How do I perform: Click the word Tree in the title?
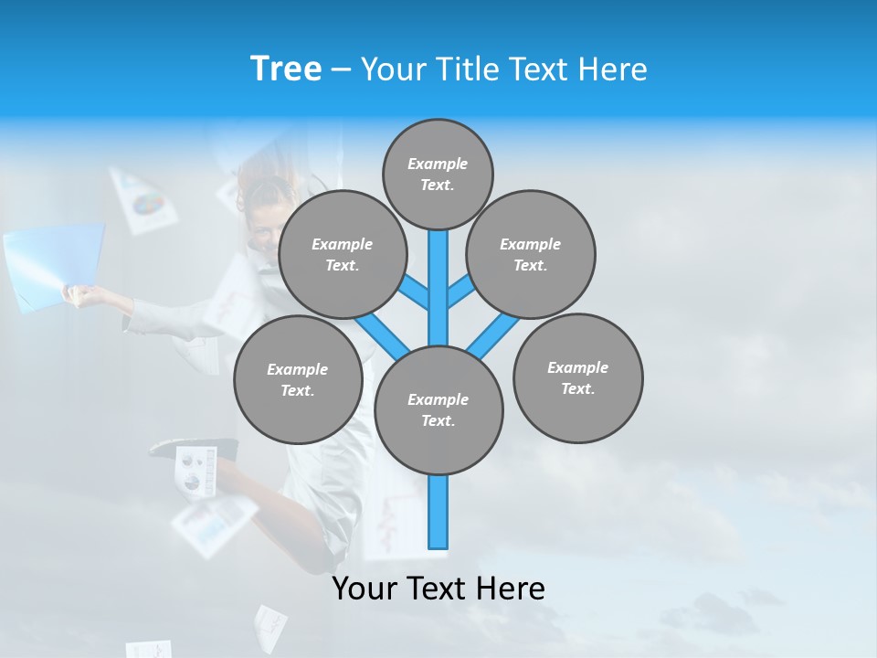click(285, 69)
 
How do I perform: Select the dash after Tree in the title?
click(341, 70)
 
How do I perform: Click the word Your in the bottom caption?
click(365, 589)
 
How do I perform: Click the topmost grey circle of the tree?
click(438, 174)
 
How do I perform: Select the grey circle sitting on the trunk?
click(438, 410)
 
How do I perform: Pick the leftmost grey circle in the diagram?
click(298, 379)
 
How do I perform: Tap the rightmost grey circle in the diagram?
click(577, 377)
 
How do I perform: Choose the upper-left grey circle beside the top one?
click(343, 254)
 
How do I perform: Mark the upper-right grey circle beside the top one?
click(531, 254)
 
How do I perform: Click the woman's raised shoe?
click(183, 448)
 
